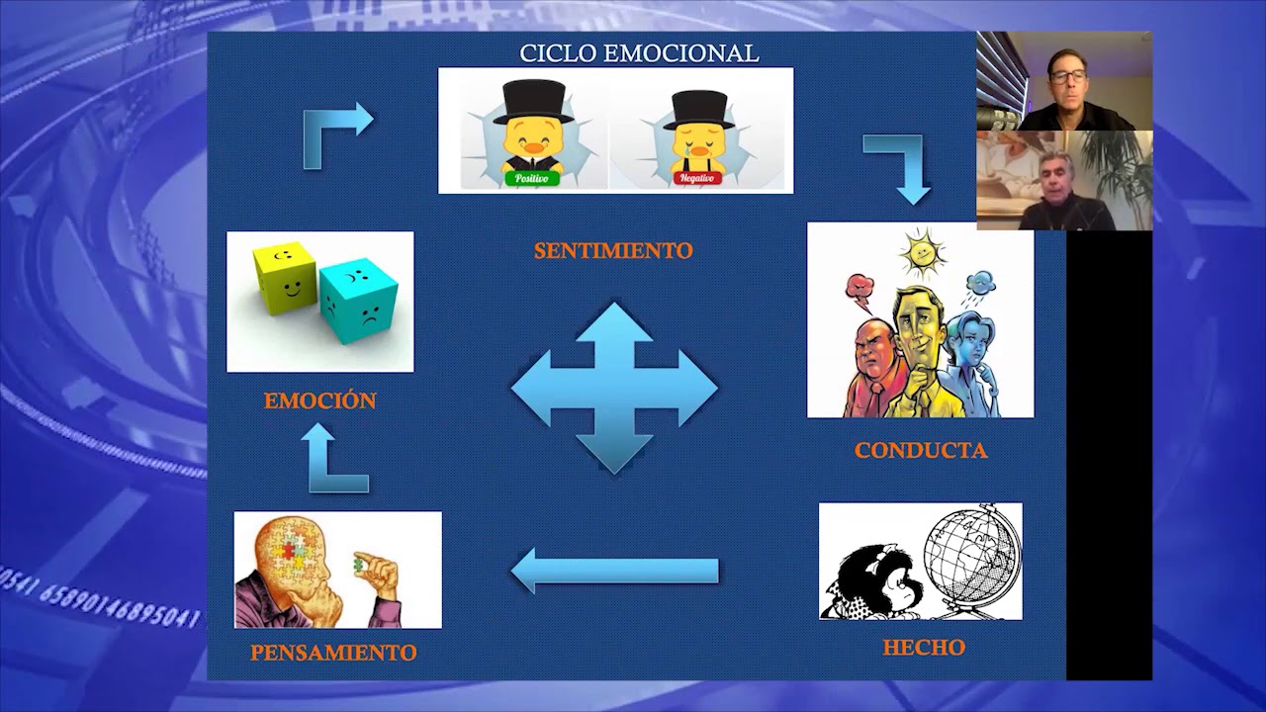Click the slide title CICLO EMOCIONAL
pos(639,53)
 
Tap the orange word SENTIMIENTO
pos(613,251)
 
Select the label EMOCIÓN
pos(319,400)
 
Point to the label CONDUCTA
pos(921,451)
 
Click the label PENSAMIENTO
pos(333,653)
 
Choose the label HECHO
pos(924,648)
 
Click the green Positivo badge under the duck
pos(532,179)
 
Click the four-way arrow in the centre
pos(614,388)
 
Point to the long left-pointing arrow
pos(614,572)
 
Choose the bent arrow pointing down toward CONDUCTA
pos(900,164)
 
